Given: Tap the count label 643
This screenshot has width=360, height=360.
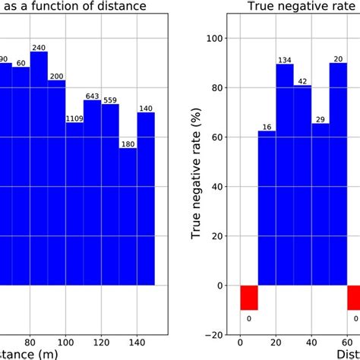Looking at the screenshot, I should pos(93,96).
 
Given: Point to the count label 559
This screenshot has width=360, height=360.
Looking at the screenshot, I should pos(110,100).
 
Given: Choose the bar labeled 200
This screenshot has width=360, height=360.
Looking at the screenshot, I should pos(57,182).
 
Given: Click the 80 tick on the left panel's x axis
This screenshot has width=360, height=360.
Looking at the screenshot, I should pos(30,342).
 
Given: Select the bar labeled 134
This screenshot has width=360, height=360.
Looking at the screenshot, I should pos(285,175).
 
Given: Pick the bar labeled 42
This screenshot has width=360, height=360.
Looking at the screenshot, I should pos(302,185).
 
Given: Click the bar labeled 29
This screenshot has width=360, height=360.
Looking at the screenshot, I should pos(321,204).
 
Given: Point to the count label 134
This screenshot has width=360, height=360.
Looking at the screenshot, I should pos(285,60).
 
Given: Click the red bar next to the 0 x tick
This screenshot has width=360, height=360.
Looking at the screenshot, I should pos(249,298).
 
